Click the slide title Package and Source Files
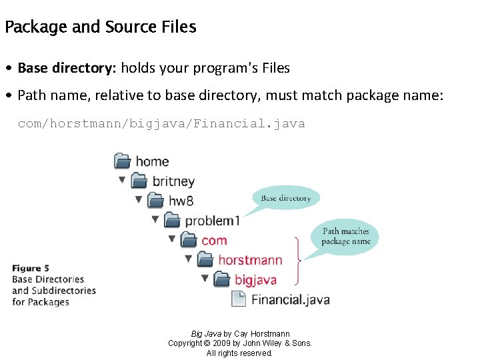pyautogui.click(x=100, y=27)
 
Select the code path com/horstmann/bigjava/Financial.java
pyautogui.click(x=161, y=123)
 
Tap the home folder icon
pyautogui.click(x=123, y=161)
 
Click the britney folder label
pyautogui.click(x=173, y=181)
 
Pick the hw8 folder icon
pyautogui.click(x=155, y=200)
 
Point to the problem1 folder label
pyautogui.click(x=212, y=221)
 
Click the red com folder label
pyautogui.click(x=214, y=240)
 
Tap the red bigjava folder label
pyautogui.click(x=255, y=279)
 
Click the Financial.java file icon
pyautogui.click(x=238, y=299)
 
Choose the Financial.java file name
pyautogui.click(x=290, y=299)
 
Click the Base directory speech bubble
pyautogui.click(x=286, y=198)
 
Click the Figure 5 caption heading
pyautogui.click(x=31, y=268)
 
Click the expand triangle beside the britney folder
pyautogui.click(x=122, y=179)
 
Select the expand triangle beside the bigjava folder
pyautogui.click(x=205, y=278)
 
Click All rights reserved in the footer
pyautogui.click(x=239, y=353)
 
